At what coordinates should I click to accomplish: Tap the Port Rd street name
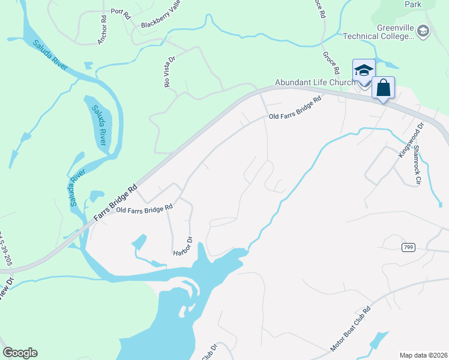120,14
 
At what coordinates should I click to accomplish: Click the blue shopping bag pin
384,89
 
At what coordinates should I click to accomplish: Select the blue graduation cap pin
364,71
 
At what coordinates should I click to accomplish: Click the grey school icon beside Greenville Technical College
423,31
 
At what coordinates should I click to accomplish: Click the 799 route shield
409,247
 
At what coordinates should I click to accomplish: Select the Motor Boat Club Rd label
352,331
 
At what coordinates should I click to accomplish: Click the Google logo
20,353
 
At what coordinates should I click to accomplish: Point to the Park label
412,4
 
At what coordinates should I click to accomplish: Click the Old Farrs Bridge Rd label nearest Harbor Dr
144,209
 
